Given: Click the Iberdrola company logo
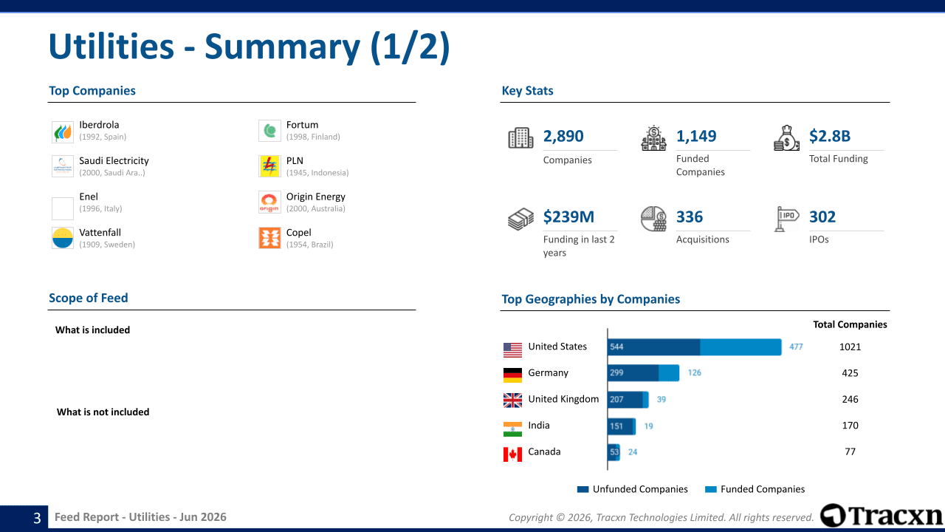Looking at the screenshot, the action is click(x=63, y=132).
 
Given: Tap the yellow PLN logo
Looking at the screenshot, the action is click(x=269, y=166).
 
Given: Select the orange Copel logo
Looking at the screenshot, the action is click(x=269, y=238).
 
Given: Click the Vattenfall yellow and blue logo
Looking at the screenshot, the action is click(x=63, y=238).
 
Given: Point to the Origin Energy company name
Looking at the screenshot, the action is click(x=315, y=197).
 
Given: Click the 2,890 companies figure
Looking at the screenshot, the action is click(x=563, y=136).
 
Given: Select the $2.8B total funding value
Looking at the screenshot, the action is click(x=829, y=136).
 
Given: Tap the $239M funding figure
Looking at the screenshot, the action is click(x=568, y=216).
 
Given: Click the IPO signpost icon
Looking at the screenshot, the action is click(x=786, y=219).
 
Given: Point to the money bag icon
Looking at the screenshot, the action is click(x=786, y=138).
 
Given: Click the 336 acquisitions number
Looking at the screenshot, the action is click(x=690, y=216).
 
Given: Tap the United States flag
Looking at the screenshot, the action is click(x=512, y=349).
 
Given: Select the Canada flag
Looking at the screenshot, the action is click(x=512, y=454).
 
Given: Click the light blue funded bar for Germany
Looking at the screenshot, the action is click(x=669, y=373).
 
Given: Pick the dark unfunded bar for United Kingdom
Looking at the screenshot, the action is click(x=625, y=400).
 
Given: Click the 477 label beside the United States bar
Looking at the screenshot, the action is click(x=796, y=347).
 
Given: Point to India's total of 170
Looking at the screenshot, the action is click(x=850, y=425).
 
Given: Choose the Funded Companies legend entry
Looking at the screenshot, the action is click(x=755, y=489).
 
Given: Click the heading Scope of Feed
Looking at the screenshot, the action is click(x=88, y=298).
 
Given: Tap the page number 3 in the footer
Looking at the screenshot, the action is click(x=37, y=518).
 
